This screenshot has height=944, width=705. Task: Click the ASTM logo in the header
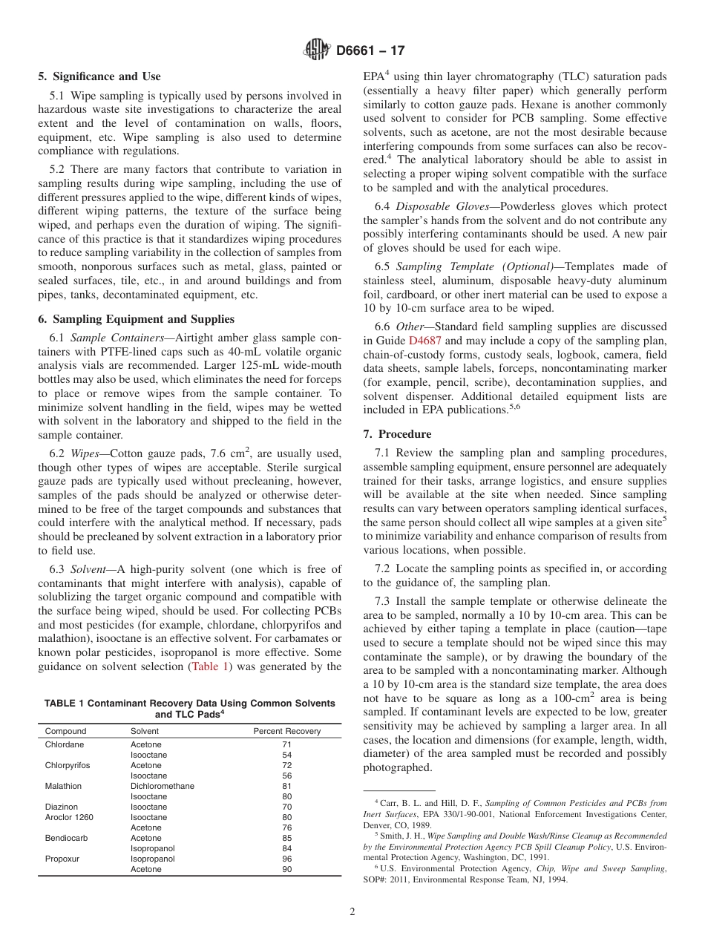[317, 50]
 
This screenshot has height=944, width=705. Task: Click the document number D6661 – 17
[370, 51]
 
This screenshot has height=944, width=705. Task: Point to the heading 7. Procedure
[397, 434]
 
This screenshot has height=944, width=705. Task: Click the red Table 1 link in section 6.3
[211, 666]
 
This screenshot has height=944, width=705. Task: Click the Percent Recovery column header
[286, 731]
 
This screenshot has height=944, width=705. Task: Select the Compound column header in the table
[65, 731]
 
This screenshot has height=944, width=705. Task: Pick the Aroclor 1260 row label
[69, 817]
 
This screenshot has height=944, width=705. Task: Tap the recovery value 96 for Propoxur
[286, 859]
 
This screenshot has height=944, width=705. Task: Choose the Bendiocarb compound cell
[66, 838]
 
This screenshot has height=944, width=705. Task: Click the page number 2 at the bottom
[352, 912]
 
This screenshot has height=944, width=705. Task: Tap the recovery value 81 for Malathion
[286, 786]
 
